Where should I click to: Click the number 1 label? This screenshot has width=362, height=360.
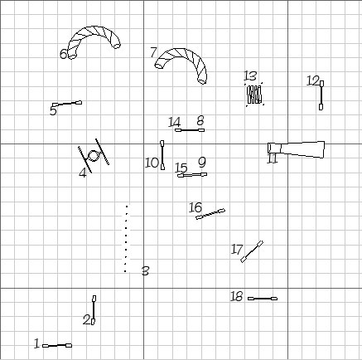(36, 343)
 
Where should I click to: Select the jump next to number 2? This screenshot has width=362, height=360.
(94, 310)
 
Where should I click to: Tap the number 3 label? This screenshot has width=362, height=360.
(145, 271)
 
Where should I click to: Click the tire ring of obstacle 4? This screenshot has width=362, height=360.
(94, 156)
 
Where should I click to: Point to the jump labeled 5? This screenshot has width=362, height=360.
(67, 104)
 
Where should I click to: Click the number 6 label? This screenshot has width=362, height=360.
(63, 54)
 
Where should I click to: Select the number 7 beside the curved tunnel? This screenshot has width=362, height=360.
(153, 52)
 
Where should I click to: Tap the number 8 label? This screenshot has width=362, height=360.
(200, 120)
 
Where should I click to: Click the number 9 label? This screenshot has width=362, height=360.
(202, 162)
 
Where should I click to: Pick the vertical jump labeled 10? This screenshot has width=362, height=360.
(162, 155)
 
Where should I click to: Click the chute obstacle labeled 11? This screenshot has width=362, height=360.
(296, 149)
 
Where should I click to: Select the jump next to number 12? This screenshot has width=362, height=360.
(321, 95)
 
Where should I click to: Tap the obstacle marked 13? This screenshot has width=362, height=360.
(254, 95)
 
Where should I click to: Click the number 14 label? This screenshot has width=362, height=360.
(175, 122)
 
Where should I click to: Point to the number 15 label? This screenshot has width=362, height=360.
(181, 168)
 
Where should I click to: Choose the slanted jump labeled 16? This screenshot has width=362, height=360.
(210, 214)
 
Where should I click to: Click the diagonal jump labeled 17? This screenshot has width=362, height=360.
(252, 251)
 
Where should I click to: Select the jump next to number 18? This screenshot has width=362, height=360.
(263, 299)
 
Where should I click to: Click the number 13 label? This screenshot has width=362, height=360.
(250, 75)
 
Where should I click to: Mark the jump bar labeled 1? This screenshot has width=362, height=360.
(57, 345)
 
